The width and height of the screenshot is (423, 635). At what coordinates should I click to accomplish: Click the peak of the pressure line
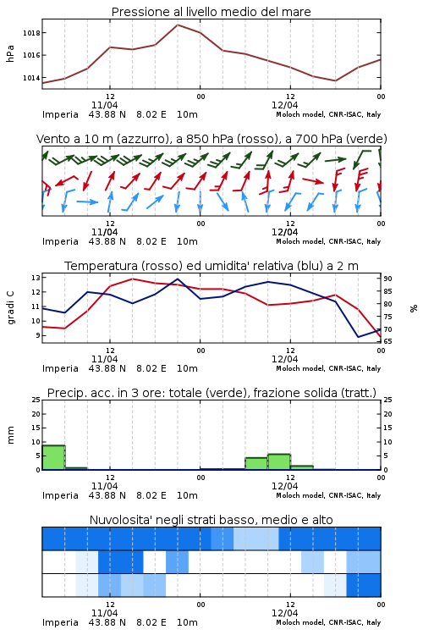pos(178,25)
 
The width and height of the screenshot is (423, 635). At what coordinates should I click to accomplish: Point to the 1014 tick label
pos(31,78)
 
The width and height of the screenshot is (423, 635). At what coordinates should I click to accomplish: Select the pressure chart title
pos(211,12)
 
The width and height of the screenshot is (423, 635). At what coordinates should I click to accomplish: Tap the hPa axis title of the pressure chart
pos(10,53)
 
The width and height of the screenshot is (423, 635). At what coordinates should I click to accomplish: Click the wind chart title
pos(211,139)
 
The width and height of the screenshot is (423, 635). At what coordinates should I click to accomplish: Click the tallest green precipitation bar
pos(54,457)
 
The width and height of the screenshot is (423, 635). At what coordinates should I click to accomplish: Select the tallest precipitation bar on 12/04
pos(279,462)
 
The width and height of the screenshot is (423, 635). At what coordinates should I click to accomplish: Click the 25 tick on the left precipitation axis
pos(36,400)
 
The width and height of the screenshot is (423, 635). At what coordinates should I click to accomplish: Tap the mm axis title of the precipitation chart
pos(10,435)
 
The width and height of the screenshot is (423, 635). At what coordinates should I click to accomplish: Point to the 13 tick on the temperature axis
pos(36,278)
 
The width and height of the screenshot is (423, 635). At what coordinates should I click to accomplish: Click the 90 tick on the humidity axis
pos(387,279)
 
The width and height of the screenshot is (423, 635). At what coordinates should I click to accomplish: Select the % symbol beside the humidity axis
pos(414,308)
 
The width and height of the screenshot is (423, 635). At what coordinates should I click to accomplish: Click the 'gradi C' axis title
pos(11,308)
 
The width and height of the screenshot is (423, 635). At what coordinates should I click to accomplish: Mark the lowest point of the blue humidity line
pos(358,337)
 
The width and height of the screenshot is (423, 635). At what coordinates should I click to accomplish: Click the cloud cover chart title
pos(211,520)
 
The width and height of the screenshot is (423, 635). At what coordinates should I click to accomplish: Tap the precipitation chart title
pos(211,393)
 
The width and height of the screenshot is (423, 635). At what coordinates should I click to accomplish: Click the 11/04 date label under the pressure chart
pos(104,105)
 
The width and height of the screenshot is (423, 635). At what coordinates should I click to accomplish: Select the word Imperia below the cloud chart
pos(60,622)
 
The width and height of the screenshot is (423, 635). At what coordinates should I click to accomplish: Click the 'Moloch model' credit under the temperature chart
pos(300,368)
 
